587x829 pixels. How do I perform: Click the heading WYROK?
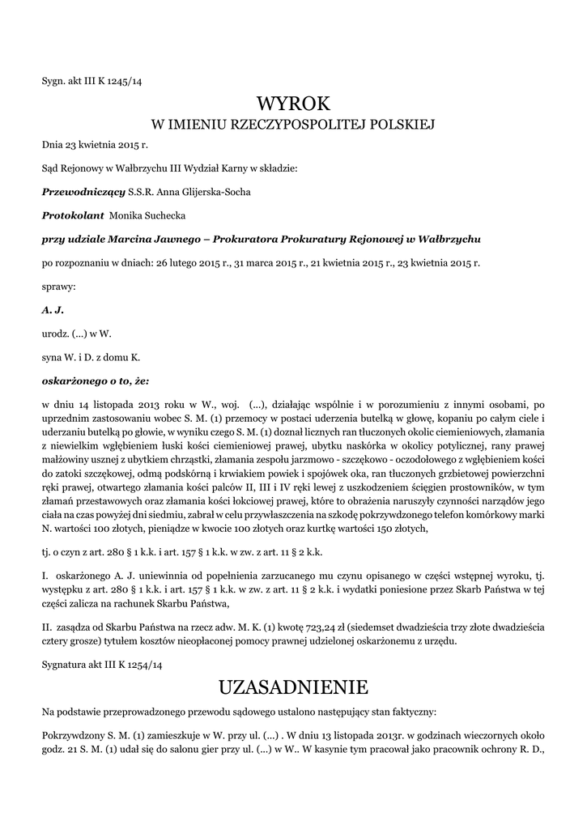(x=293, y=104)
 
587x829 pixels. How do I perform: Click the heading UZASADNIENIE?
(x=293, y=687)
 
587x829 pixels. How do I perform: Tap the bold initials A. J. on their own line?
(x=53, y=310)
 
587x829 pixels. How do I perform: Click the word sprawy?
(x=58, y=287)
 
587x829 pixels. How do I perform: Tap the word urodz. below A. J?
(x=55, y=334)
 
